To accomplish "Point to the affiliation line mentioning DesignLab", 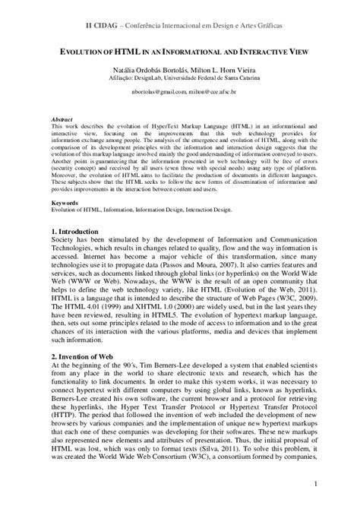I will click(x=180, y=77).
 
